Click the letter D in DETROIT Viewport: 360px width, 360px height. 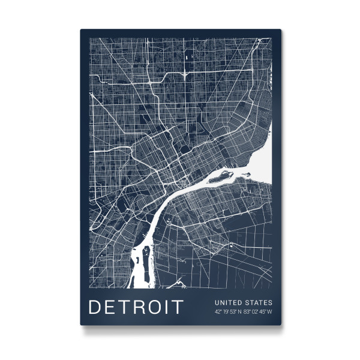tap(95, 307)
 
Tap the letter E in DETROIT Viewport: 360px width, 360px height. tap(110, 307)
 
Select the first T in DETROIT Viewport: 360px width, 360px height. tap(124, 307)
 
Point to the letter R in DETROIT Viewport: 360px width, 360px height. tap(139, 307)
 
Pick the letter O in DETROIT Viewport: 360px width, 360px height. tap(154, 307)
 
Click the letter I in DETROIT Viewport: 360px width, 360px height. tap(166, 307)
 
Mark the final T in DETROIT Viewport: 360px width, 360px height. tap(176, 307)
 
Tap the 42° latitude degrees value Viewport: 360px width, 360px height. tap(218, 311)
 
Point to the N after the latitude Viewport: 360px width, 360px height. tap(238, 311)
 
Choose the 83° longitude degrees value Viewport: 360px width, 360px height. tap(246, 311)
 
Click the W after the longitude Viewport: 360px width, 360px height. tap(269, 311)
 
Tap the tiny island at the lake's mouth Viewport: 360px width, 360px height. tap(245, 174)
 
